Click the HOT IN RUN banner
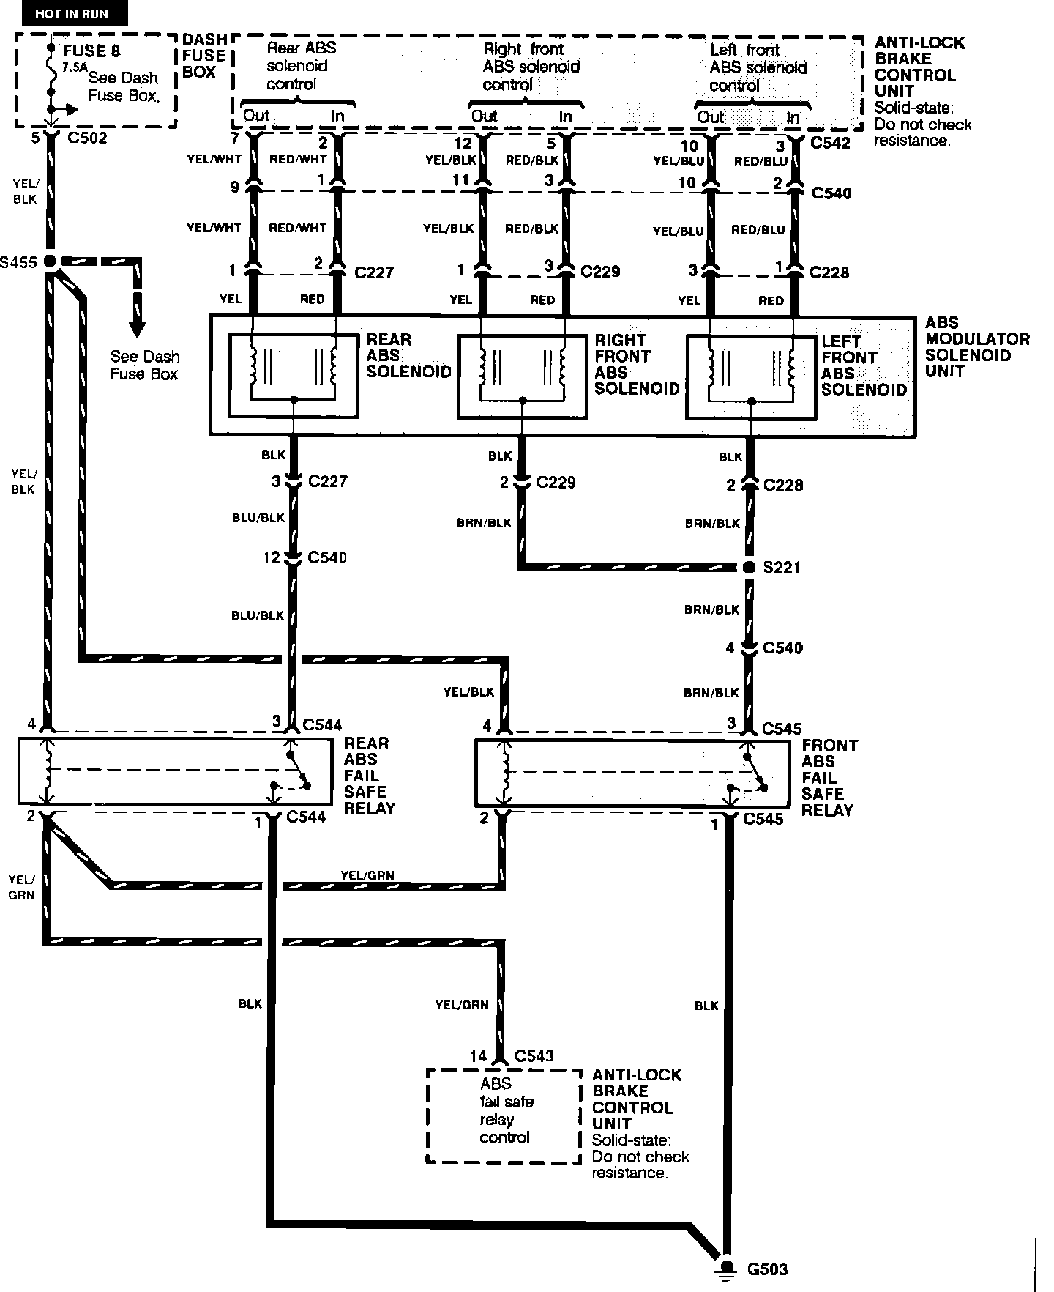(71, 14)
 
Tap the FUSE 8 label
(91, 51)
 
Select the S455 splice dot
(51, 261)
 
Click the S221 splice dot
(748, 567)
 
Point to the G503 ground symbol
(727, 1268)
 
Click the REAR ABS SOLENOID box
(294, 376)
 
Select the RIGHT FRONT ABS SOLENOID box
(522, 376)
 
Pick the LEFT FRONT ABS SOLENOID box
(750, 378)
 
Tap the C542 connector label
(831, 143)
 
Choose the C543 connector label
(534, 1056)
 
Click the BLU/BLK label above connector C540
(258, 518)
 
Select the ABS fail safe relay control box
(504, 1115)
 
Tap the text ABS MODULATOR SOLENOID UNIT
(977, 347)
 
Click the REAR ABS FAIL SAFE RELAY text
(370, 776)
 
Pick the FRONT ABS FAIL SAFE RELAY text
(829, 778)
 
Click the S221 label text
(782, 568)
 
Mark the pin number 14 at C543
(478, 1056)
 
